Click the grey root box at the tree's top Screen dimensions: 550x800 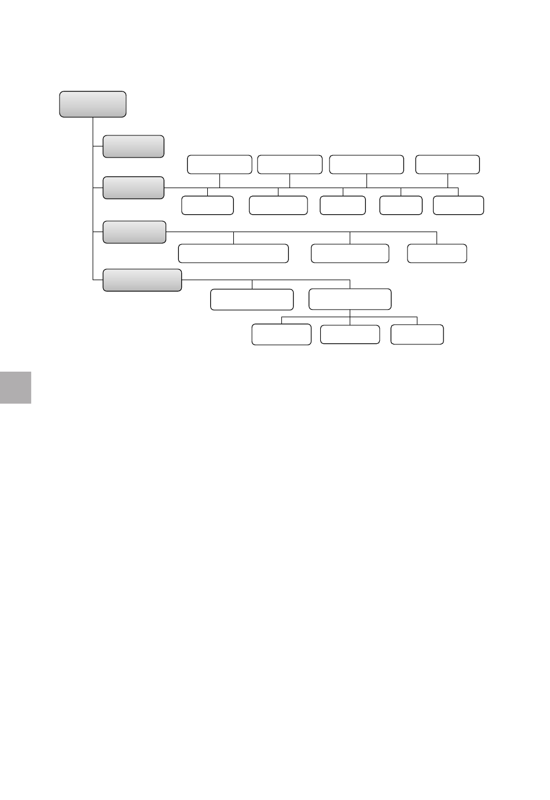(x=93, y=104)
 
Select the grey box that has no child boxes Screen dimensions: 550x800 (x=133, y=146)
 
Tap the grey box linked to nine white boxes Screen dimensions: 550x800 (x=133, y=188)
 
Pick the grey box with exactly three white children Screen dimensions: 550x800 (x=134, y=232)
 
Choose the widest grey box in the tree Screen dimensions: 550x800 (x=142, y=280)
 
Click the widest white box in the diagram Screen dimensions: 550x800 (x=233, y=254)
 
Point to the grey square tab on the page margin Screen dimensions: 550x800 (x=15, y=387)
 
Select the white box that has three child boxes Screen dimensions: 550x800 (x=350, y=299)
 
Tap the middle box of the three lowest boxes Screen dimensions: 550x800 (x=350, y=335)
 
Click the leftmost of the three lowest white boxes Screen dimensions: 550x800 (x=281, y=335)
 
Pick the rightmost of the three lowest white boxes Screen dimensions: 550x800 (x=417, y=335)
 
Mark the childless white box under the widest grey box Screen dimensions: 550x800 (x=252, y=299)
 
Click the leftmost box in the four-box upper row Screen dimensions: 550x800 (x=219, y=164)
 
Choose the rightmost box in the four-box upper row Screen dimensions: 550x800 (x=448, y=164)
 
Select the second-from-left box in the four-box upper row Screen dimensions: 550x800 (x=289, y=164)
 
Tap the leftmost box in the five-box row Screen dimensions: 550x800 (x=207, y=205)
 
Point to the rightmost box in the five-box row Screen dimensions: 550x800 (x=458, y=205)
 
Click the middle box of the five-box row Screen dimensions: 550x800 (x=343, y=205)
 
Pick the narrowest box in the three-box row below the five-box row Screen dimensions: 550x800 (x=437, y=254)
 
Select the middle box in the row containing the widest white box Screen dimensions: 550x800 (x=350, y=254)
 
